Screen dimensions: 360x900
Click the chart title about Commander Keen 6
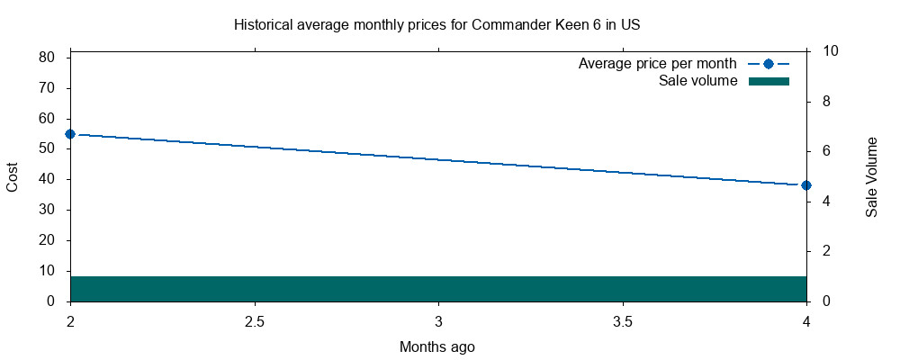click(436, 24)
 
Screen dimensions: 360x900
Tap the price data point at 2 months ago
click(70, 134)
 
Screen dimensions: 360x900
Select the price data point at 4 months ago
click(806, 185)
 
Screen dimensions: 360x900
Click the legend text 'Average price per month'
click(658, 64)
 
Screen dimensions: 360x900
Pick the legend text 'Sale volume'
click(698, 81)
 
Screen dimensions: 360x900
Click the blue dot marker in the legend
click(768, 64)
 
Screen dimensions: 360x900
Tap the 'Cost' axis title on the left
click(13, 175)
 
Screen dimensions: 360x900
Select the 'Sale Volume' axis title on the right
click(871, 177)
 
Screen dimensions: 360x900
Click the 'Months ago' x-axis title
click(437, 346)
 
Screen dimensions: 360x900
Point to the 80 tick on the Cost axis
click(48, 58)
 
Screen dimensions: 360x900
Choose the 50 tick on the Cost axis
click(48, 148)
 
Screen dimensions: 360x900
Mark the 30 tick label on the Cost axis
click(48, 210)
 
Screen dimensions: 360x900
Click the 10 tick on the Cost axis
click(48, 271)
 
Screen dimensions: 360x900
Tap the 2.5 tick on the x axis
click(255, 321)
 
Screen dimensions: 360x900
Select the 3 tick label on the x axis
click(438, 321)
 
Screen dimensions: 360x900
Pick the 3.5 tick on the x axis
click(623, 321)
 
